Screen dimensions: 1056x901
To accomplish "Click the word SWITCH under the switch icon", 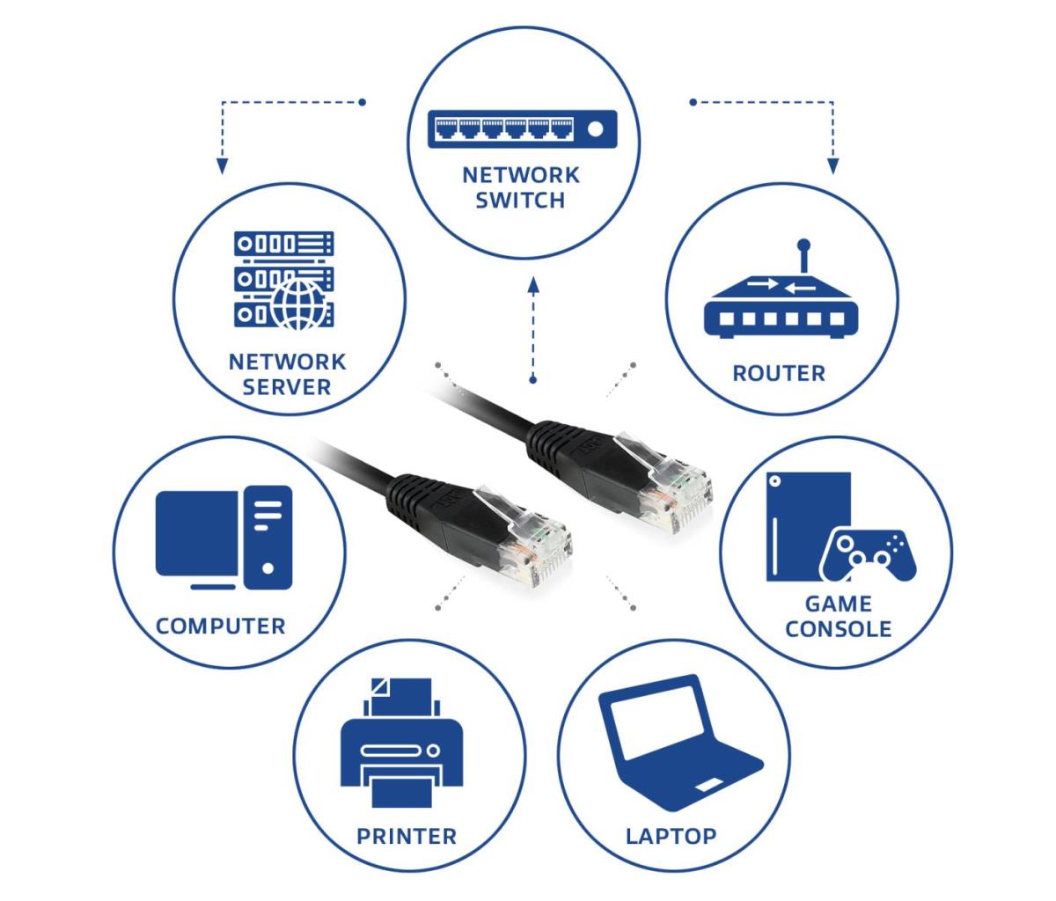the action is (x=520, y=201).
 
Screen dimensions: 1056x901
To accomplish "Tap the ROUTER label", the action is (x=779, y=373).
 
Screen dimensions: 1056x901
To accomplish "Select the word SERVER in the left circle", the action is (x=287, y=387).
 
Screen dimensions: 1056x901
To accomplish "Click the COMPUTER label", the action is (x=220, y=626).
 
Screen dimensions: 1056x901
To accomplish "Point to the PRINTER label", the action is (x=407, y=837).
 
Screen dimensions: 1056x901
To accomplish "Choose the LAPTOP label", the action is (x=671, y=837).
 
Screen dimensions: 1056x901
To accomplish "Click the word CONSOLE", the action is (x=838, y=629).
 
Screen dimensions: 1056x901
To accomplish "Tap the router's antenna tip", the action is (x=803, y=245).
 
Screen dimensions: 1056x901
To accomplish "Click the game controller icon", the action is (x=868, y=556).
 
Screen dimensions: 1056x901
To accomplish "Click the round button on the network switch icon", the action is (x=595, y=129).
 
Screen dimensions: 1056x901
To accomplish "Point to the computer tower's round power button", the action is (x=268, y=568).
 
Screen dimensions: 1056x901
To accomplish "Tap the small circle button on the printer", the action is (x=433, y=751).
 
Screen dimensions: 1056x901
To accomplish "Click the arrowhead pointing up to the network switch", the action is (x=533, y=286).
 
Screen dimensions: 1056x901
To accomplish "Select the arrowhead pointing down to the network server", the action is (x=222, y=166).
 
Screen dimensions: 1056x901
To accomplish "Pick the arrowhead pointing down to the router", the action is (x=832, y=166).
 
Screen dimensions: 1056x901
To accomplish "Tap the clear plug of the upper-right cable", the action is (x=667, y=483).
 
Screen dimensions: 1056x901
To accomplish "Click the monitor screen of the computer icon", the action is (x=197, y=534).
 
